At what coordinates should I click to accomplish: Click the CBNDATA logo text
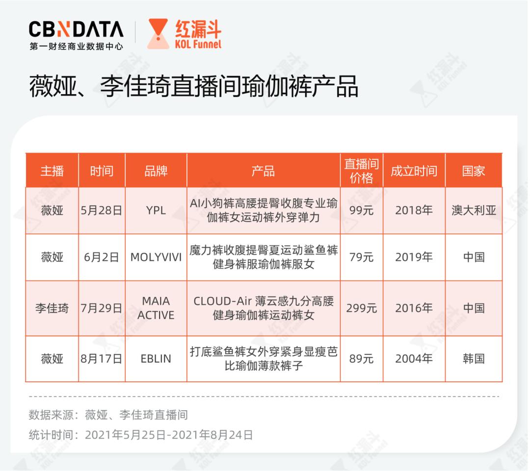[76, 29]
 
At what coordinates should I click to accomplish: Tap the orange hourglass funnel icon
[158, 34]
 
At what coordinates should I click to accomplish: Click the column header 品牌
[156, 171]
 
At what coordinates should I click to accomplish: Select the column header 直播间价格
[361, 171]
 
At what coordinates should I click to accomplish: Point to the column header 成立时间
[414, 171]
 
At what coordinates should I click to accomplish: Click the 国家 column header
[474, 171]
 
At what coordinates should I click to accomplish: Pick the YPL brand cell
[156, 210]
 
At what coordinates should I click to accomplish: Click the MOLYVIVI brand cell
[156, 257]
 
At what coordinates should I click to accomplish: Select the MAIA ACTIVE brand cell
[156, 308]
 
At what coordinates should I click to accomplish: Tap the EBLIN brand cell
[156, 359]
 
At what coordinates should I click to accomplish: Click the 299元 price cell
[361, 308]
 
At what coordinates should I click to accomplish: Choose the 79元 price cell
[361, 257]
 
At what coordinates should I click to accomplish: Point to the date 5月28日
[102, 210]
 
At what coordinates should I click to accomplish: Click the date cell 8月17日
[102, 359]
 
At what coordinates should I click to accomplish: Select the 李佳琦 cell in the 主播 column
[52, 308]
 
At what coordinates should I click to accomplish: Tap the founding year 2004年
[414, 359]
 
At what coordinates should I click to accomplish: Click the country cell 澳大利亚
[474, 210]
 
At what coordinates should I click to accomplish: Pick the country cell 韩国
[474, 359]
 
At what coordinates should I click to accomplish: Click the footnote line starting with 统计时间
[141, 435]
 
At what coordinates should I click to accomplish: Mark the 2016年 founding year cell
[414, 308]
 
